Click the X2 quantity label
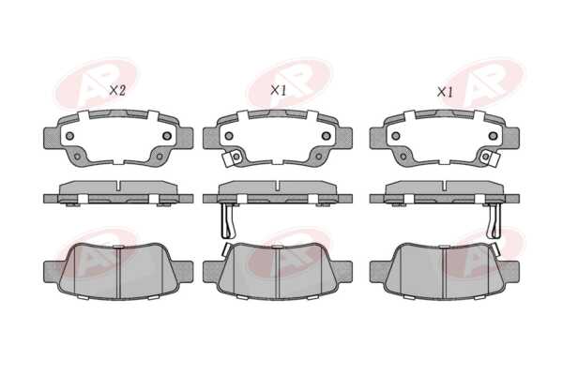tap(117, 90)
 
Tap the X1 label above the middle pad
tap(278, 90)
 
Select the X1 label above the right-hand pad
tap(445, 92)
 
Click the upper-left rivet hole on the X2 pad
tap(69, 136)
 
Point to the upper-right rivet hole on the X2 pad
tap(167, 136)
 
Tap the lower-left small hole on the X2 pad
tap(77, 157)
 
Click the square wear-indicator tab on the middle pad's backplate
tap(232, 157)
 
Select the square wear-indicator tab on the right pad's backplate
tap(490, 157)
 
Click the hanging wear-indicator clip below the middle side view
tap(228, 220)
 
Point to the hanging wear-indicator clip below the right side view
tap(494, 220)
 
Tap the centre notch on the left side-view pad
tap(118, 186)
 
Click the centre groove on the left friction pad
tap(118, 273)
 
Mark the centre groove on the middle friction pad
tap(278, 273)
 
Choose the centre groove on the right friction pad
tap(444, 273)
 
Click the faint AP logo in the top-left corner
tap(97, 83)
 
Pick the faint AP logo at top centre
tap(289, 83)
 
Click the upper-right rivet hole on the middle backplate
tap(326, 136)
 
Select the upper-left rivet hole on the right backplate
tap(396, 136)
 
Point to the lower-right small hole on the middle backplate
tap(318, 157)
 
